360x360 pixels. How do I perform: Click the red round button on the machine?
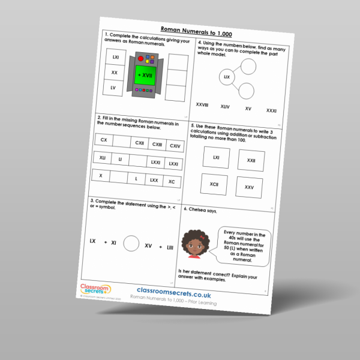[141, 59]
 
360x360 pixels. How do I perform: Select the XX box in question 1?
[114, 73]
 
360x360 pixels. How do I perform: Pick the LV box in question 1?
[113, 88]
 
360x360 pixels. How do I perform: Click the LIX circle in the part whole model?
[227, 77]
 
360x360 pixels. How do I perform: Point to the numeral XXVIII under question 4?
[202, 105]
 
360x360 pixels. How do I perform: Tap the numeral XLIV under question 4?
[225, 107]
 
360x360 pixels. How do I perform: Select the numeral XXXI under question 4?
[271, 111]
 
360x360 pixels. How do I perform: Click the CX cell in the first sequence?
[104, 140]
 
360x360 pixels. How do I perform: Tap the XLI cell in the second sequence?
[103, 158]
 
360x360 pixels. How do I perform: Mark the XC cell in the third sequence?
[172, 181]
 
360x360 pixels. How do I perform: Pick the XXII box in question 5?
[251, 161]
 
